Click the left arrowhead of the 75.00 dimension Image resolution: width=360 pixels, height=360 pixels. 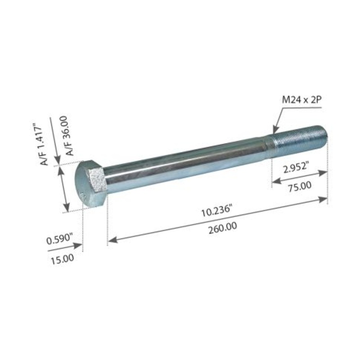tap(274, 182)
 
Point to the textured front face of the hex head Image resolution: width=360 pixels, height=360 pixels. tap(97, 179)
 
